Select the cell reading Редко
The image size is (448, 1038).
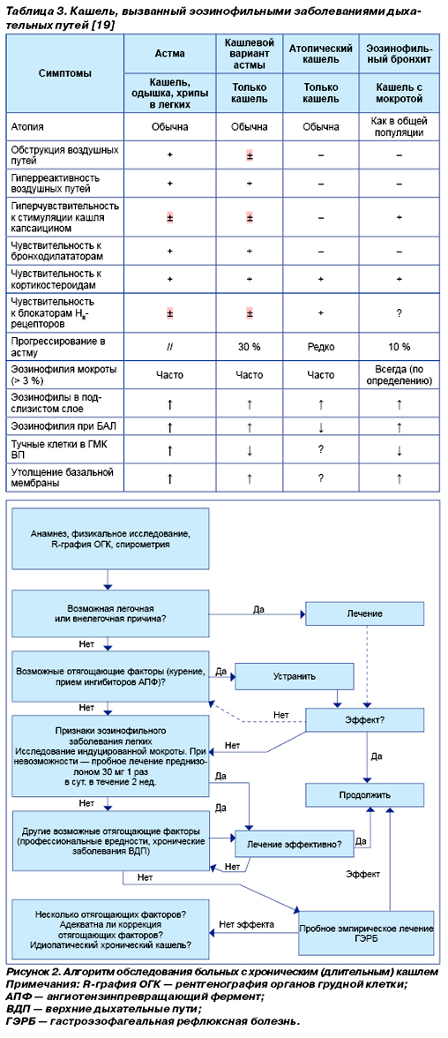[x=321, y=346]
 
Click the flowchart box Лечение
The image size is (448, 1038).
[x=364, y=613]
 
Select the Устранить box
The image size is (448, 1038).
[x=295, y=676]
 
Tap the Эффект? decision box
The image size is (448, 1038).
[x=364, y=718]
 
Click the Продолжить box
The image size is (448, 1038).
[x=364, y=794]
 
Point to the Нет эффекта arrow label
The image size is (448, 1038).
[x=247, y=924]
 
